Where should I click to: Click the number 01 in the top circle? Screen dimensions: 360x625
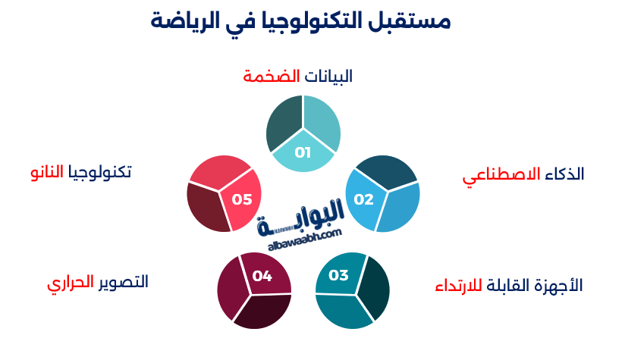(303, 152)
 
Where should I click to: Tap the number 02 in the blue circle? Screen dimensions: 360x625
(364, 200)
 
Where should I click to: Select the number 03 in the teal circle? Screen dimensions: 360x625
(338, 275)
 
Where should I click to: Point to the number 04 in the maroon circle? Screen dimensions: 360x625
(262, 276)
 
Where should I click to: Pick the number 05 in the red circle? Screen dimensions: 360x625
(242, 199)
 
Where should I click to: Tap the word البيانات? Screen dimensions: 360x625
(328, 77)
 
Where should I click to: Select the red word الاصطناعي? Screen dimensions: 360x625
(501, 175)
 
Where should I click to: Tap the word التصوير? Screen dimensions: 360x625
(122, 282)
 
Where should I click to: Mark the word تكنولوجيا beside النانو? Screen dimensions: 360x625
(100, 173)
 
